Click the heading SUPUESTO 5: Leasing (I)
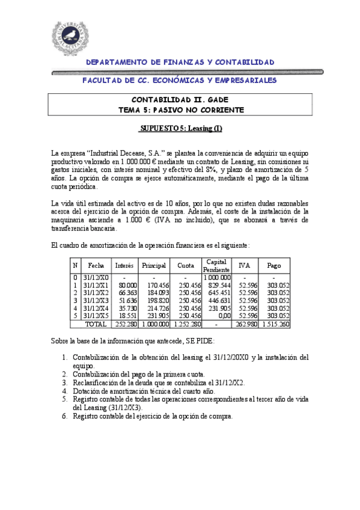click(x=180, y=128)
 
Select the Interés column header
click(x=124, y=265)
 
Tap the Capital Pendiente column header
click(x=216, y=265)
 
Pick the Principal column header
click(x=154, y=265)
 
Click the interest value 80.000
click(x=127, y=284)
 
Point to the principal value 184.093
click(x=158, y=292)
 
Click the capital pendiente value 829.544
click(x=219, y=284)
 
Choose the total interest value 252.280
click(x=126, y=324)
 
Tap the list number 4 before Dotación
click(x=66, y=390)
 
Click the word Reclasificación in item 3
click(x=98, y=382)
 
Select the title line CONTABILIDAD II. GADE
click(x=180, y=100)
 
